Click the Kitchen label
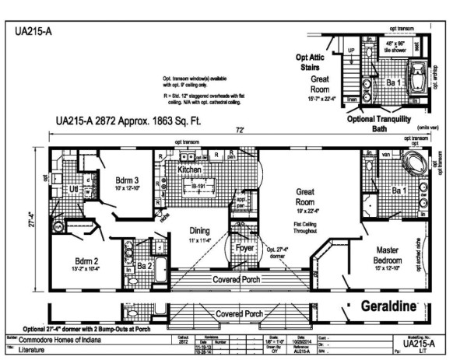pos(191,169)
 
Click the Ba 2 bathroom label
pos(145,266)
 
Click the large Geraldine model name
pos(395,306)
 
